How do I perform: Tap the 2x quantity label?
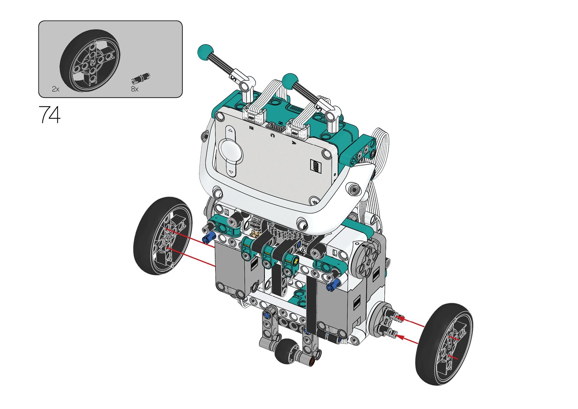[x=56, y=89]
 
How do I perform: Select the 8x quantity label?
[x=135, y=89]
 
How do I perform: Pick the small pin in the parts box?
[x=141, y=78]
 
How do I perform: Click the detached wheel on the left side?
[x=163, y=236]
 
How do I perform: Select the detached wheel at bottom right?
[x=444, y=344]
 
